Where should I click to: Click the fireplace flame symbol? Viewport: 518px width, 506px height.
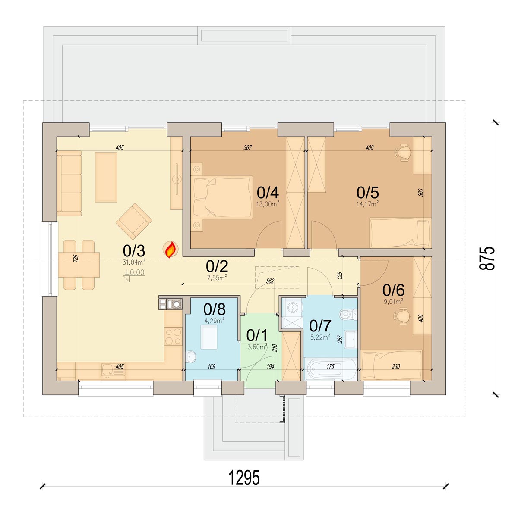(x=171, y=249)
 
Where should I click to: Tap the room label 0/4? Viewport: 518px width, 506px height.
(x=268, y=193)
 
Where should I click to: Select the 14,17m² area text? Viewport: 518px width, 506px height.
(x=367, y=204)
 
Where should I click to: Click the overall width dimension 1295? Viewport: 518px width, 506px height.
(x=244, y=478)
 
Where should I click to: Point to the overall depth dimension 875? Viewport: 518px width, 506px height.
(x=487, y=258)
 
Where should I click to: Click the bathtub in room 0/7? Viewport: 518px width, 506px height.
(x=330, y=369)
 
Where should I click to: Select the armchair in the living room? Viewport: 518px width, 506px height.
(x=134, y=221)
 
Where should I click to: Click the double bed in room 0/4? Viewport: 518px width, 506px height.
(x=223, y=197)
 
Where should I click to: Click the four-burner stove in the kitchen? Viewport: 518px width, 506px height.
(x=173, y=337)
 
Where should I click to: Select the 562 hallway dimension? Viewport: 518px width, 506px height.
(x=270, y=281)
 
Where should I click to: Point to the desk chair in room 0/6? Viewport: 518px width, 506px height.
(x=402, y=316)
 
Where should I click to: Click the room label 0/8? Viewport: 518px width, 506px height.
(x=214, y=309)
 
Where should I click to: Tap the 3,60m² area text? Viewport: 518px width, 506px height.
(x=257, y=347)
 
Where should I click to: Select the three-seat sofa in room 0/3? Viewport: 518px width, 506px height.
(x=69, y=183)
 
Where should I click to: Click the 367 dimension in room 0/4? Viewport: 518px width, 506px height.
(x=247, y=147)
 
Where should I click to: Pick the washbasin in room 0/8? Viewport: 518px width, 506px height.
(x=191, y=356)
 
